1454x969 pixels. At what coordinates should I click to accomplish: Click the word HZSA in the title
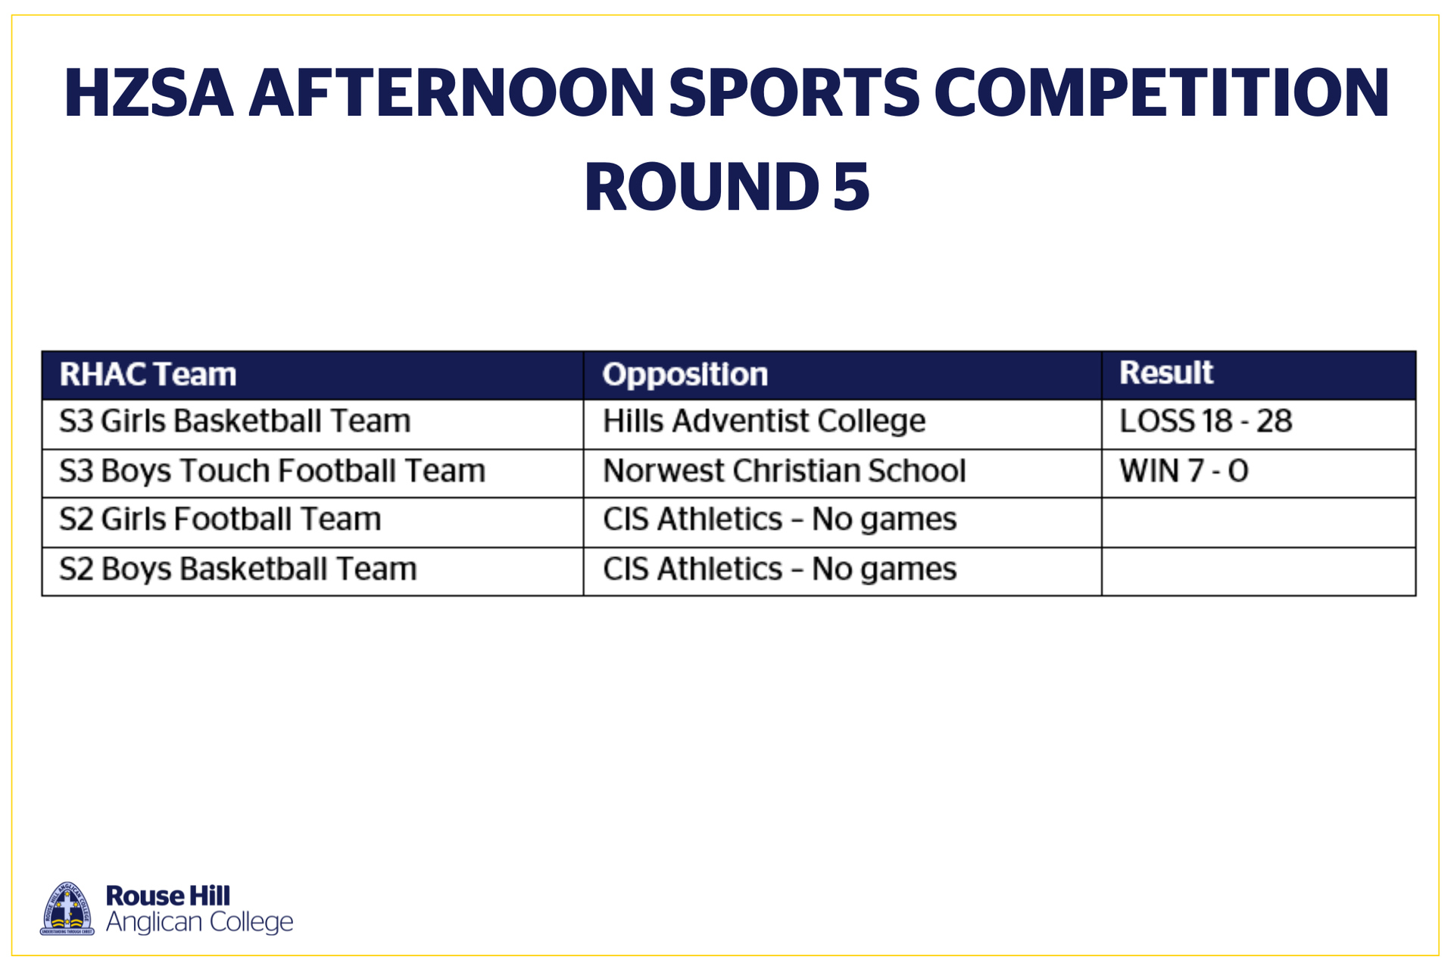pos(148,93)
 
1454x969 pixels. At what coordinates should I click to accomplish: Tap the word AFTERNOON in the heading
pos(451,93)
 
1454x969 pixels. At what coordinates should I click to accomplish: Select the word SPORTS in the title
pos(794,93)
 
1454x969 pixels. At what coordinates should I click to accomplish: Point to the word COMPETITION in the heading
pos(1162,93)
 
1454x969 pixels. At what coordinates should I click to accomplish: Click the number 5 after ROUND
pos(851,187)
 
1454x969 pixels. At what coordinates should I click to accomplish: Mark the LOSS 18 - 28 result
pos(1206,421)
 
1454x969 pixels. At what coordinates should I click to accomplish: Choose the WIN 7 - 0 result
pos(1184,471)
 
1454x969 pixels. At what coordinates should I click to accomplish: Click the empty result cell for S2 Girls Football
pos(1259,522)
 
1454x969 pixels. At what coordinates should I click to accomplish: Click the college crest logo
pos(67,908)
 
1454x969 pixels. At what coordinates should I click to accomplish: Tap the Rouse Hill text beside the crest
pos(168,896)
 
